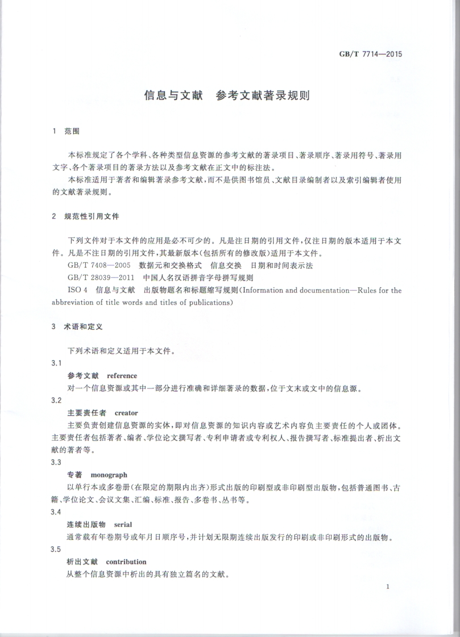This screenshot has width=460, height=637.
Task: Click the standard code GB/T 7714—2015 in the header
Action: pos(371,55)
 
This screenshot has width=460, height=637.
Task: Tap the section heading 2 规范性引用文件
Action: pos(85,217)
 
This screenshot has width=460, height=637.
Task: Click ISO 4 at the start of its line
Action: pos(78,290)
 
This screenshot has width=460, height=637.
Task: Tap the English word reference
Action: pos(122,376)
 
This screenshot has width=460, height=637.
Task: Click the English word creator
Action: pos(126,413)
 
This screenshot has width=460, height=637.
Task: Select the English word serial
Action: pos(123,525)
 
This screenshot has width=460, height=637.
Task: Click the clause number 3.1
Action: pos(56,363)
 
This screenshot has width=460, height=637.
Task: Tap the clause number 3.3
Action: pos(56,462)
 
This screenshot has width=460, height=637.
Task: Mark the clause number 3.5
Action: pos(56,549)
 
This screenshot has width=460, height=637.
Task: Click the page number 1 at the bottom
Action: pos(387,586)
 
